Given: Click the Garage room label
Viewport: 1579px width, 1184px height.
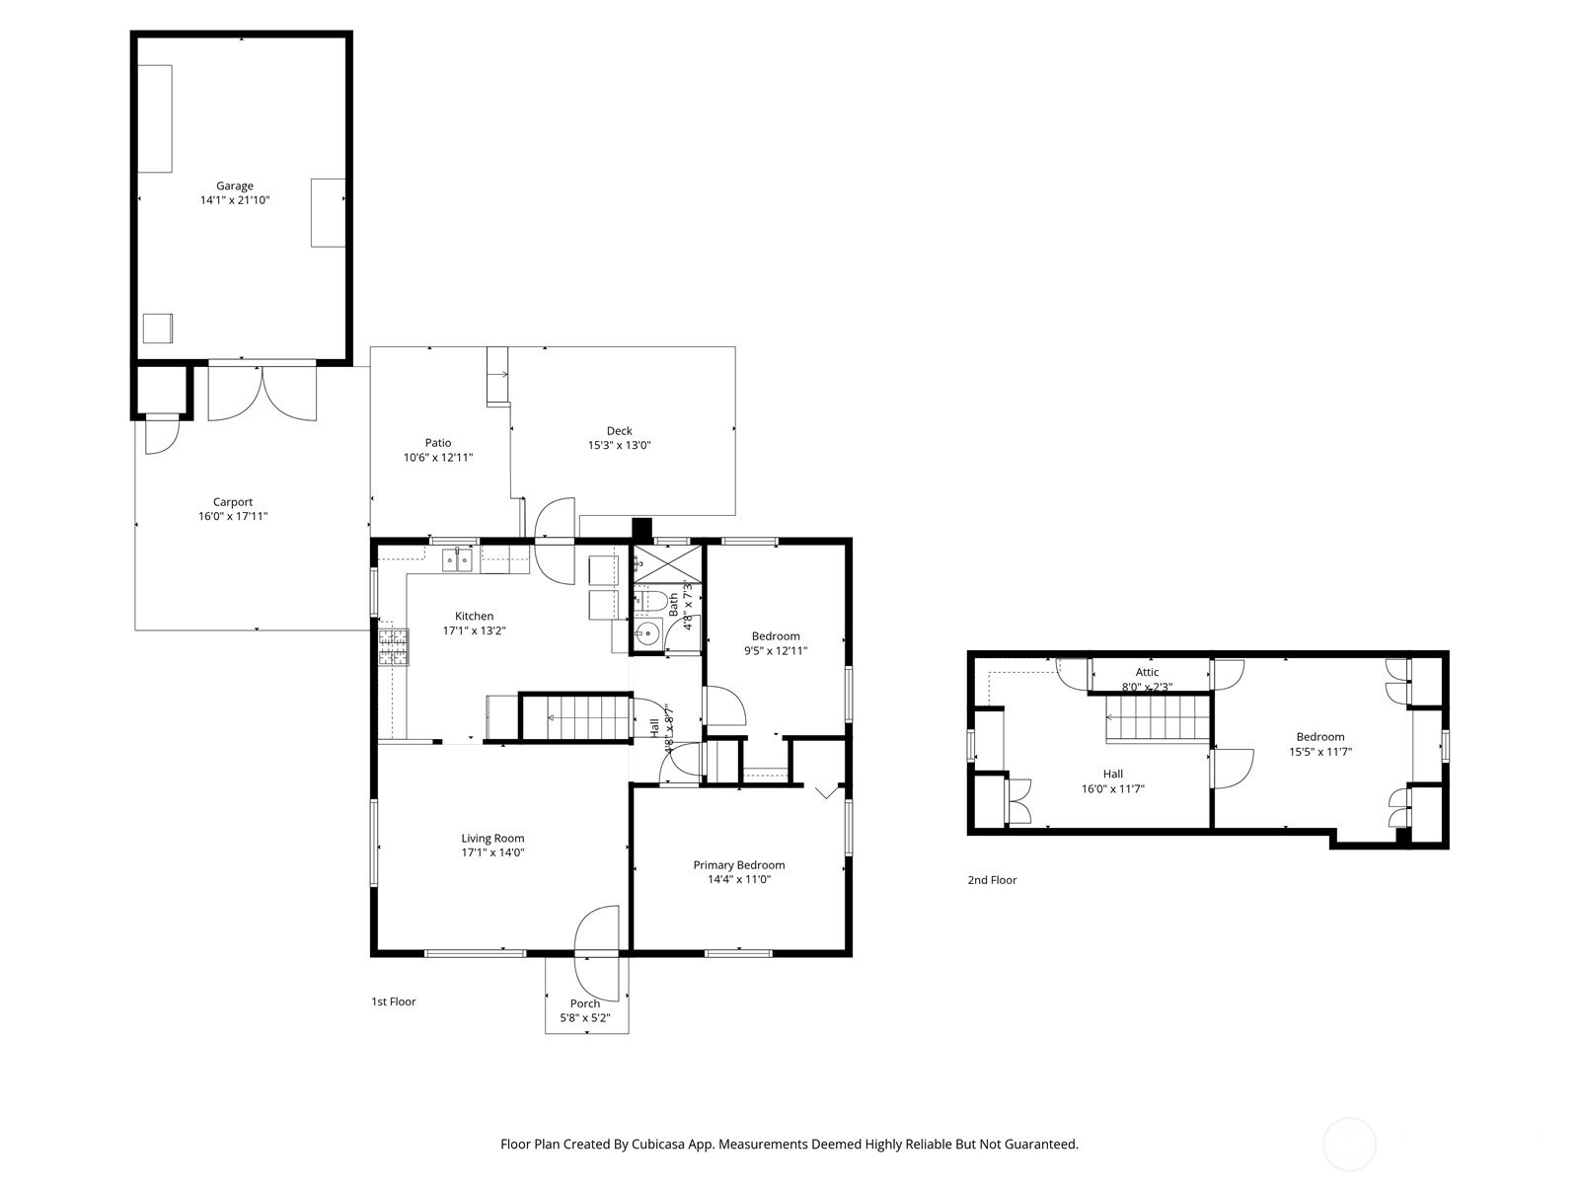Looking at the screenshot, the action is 235,185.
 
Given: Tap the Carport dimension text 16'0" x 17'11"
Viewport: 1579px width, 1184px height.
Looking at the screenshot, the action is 233,516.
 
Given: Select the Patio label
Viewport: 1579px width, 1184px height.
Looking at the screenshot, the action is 438,443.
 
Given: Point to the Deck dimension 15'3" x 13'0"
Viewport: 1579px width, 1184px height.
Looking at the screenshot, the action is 620,445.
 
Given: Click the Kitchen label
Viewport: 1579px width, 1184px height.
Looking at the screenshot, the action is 474,616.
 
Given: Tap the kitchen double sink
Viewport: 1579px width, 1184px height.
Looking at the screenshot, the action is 457,560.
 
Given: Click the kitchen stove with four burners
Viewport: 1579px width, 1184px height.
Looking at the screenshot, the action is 394,647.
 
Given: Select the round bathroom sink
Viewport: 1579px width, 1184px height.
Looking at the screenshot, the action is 647,634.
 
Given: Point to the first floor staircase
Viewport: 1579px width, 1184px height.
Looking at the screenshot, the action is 576,716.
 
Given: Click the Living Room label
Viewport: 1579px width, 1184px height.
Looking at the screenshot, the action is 492,839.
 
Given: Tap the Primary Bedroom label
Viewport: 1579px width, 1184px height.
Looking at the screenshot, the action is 739,865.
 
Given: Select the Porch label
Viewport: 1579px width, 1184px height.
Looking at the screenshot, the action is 585,1003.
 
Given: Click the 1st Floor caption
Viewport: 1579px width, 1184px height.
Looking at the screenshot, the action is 394,1001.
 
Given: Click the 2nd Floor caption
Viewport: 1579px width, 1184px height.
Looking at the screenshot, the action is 992,880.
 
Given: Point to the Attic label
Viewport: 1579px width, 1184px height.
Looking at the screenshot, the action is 1148,672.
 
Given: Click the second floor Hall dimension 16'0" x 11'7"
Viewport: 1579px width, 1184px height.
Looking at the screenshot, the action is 1113,788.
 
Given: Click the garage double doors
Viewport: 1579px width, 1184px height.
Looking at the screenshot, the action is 262,393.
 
